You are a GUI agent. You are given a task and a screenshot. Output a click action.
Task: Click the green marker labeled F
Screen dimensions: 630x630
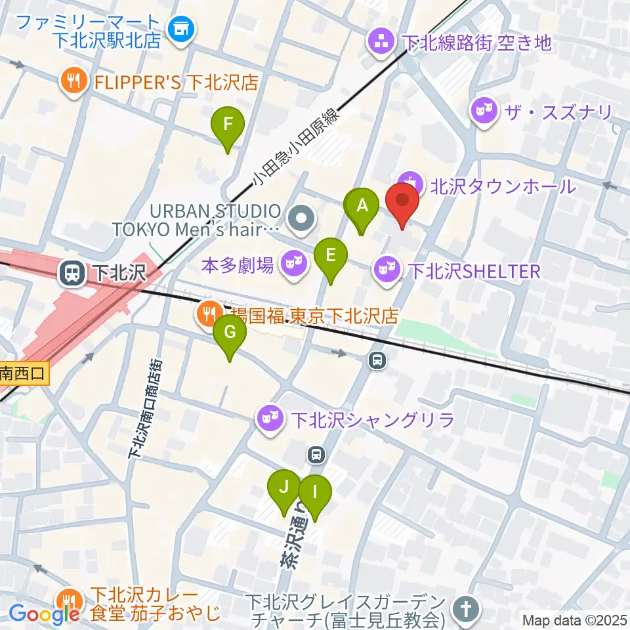click(x=228, y=125)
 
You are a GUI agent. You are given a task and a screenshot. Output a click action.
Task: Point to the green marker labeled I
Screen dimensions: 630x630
click(x=315, y=492)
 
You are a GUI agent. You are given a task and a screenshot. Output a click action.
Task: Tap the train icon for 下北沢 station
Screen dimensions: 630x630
click(x=70, y=273)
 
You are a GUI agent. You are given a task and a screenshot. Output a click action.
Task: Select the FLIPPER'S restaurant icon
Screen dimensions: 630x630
click(x=73, y=81)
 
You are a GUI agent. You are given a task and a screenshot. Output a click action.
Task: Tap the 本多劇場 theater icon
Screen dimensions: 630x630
click(x=293, y=264)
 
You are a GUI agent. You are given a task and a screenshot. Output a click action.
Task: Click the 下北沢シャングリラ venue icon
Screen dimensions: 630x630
click(x=270, y=417)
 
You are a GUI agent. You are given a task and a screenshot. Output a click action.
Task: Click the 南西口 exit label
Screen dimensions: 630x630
click(x=24, y=374)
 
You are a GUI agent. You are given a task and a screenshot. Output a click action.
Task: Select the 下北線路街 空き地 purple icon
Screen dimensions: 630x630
click(x=382, y=43)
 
